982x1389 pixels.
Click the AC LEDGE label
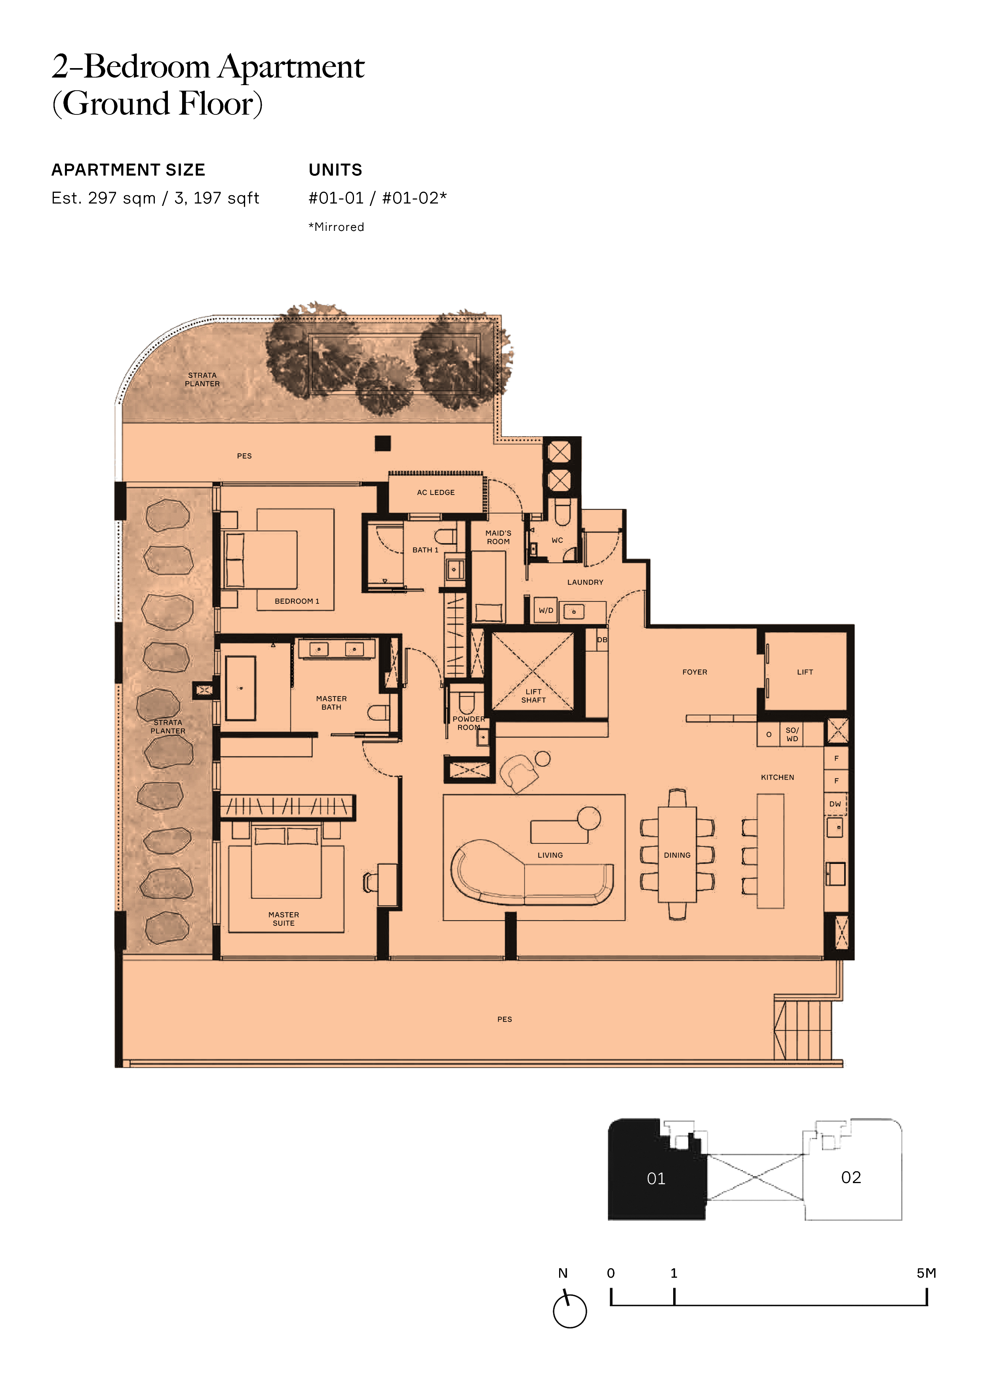click(x=436, y=493)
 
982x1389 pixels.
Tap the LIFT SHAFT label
click(x=534, y=696)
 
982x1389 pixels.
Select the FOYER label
click(x=695, y=672)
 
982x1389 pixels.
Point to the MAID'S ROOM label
click(x=499, y=537)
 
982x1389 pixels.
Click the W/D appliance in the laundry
click(x=546, y=611)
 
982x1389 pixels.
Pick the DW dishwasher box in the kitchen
click(x=835, y=804)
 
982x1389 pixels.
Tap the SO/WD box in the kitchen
click(x=792, y=734)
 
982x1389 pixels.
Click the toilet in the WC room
click(x=563, y=512)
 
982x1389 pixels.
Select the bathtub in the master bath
click(x=241, y=689)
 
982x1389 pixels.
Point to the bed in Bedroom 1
click(x=260, y=559)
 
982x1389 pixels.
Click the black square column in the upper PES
click(x=383, y=443)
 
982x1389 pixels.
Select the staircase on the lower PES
click(x=803, y=1030)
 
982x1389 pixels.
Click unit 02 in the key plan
click(x=851, y=1177)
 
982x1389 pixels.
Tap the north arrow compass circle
click(x=570, y=1311)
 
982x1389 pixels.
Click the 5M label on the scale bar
click(x=926, y=1273)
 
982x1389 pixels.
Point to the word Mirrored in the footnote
click(x=339, y=227)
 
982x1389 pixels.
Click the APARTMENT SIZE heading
click(x=128, y=170)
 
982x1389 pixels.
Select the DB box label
click(x=602, y=639)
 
